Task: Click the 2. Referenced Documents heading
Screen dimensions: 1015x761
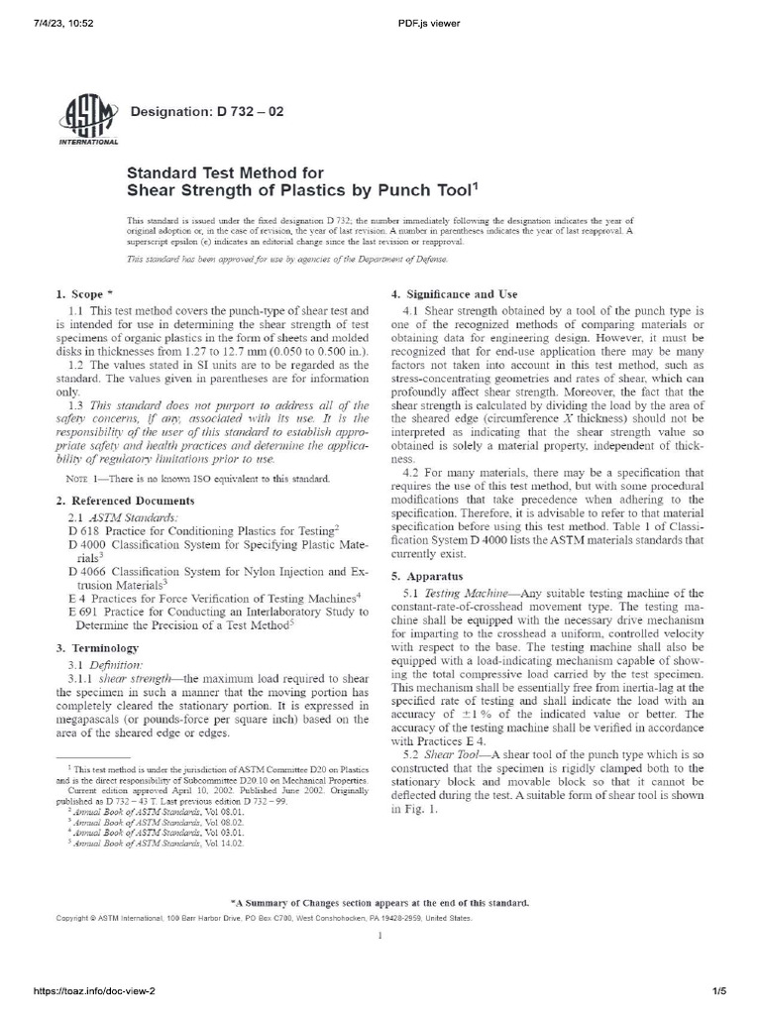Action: coord(117,502)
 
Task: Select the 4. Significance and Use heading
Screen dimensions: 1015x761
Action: coord(459,294)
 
